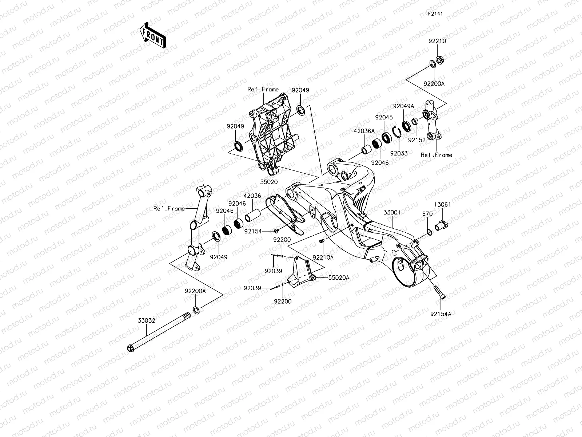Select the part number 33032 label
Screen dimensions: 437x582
click(x=146, y=321)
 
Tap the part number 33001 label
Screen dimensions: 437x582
click(x=392, y=212)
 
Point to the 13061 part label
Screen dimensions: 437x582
click(x=442, y=205)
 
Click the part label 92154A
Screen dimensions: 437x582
click(x=440, y=314)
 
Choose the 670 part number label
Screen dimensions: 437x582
click(x=427, y=214)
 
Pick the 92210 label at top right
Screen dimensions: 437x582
click(x=437, y=41)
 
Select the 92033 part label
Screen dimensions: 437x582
click(x=399, y=153)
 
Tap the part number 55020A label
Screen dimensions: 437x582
click(x=339, y=277)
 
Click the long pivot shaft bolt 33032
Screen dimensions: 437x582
click(x=160, y=331)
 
